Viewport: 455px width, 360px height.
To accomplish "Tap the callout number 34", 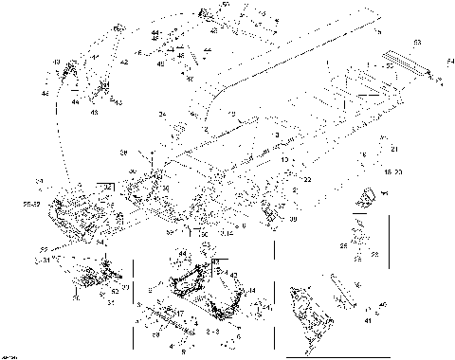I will tap(162, 115).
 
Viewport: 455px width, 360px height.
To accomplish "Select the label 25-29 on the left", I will tap(30, 203).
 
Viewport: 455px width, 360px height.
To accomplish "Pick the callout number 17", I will tap(180, 314).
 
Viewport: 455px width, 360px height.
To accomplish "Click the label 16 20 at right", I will tap(392, 171).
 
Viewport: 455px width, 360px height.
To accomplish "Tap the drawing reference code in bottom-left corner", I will tap(11, 354).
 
